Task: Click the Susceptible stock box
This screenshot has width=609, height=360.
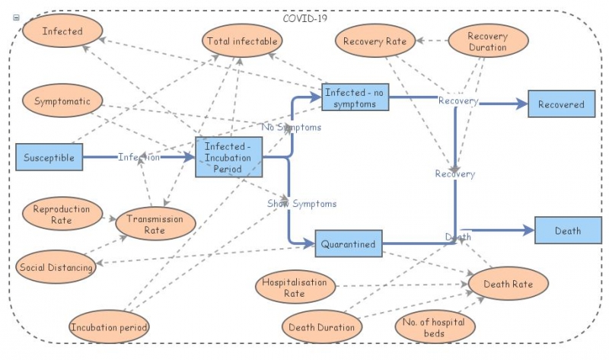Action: point(49,158)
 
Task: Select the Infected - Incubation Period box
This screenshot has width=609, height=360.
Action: point(228,158)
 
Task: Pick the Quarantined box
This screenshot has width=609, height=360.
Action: point(348,244)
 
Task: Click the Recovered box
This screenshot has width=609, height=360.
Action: point(561,104)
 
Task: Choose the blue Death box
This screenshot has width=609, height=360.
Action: point(568,230)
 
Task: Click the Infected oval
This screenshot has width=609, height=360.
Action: point(62,32)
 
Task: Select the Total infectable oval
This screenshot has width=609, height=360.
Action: point(241,41)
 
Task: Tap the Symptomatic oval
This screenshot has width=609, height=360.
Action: point(62,100)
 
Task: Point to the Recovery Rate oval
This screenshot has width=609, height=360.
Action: point(375,41)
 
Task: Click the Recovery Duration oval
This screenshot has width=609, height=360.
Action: point(487,41)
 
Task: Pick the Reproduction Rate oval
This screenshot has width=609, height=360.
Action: point(62,215)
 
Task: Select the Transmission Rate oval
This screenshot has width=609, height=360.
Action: point(155,224)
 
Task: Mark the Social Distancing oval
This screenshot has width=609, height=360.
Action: point(56,267)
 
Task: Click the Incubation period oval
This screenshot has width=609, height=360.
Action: point(109,327)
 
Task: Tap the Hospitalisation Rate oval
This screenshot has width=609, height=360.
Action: point(295,287)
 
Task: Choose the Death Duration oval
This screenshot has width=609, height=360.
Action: point(322,327)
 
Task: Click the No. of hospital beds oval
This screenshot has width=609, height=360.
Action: point(435,327)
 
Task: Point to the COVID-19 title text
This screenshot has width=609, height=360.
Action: point(305,18)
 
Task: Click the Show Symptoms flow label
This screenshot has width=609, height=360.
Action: point(301,204)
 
